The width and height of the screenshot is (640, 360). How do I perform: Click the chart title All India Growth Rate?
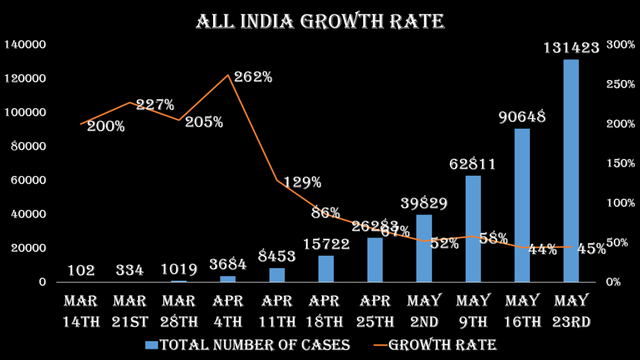tap(320, 21)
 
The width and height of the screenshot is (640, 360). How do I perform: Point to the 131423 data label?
tap(571, 47)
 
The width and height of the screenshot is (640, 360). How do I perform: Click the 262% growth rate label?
tap(253, 77)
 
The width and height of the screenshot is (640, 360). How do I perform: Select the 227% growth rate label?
tap(155, 105)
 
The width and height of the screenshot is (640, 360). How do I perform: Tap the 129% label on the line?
tap(302, 182)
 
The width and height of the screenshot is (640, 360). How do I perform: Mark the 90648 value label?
tap(522, 117)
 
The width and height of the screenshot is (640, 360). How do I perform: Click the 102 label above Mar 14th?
tap(81, 271)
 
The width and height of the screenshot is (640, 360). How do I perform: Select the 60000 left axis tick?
tap(27, 180)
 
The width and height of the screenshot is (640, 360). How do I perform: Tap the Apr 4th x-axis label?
tap(228, 311)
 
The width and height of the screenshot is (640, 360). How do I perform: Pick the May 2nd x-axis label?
tap(424, 311)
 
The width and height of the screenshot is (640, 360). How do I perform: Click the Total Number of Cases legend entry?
tap(247, 345)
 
